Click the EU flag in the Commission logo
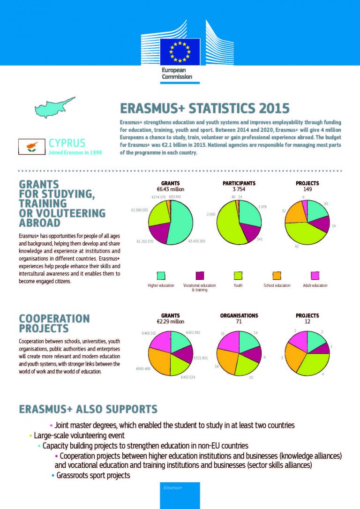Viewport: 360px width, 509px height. coord(180,52)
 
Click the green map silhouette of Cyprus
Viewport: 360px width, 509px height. coord(54,107)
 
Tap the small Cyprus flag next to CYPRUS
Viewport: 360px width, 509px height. coord(31,147)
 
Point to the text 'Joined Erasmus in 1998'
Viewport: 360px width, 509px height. coord(75,152)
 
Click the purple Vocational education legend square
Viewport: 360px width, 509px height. coord(201,276)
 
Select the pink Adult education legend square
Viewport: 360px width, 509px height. coord(315,276)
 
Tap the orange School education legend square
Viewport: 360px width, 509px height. coord(277,276)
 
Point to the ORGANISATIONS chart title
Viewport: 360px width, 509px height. coord(239,316)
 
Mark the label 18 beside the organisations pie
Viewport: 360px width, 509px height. coord(217,366)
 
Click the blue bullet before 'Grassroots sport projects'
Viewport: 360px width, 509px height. coord(53,476)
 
